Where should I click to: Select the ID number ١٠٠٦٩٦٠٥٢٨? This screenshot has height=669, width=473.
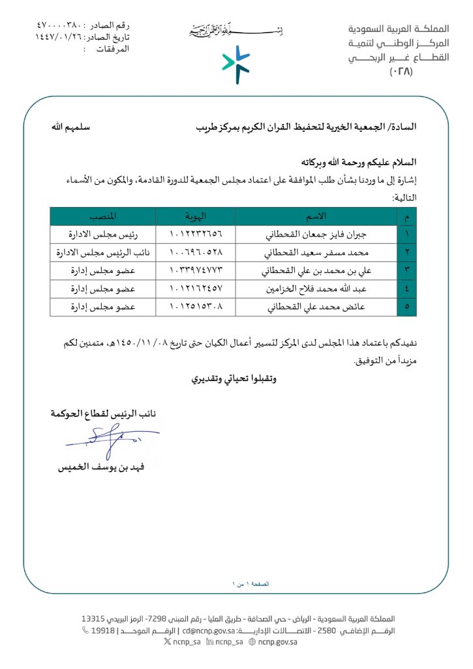(x=195, y=252)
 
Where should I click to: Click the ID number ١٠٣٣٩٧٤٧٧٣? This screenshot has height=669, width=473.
(x=195, y=269)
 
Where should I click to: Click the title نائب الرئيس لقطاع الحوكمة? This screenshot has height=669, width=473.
(x=104, y=414)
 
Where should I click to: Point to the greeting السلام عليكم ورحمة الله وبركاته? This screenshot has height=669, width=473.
(x=359, y=162)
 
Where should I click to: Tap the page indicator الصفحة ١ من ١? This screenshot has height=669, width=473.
(x=251, y=583)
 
